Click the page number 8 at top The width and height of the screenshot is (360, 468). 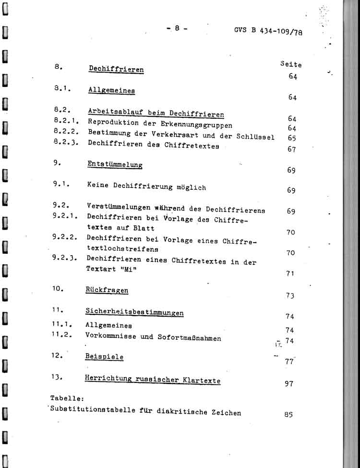(177, 28)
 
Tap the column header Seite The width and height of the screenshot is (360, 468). (291, 64)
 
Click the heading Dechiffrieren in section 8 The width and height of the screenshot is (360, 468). (116, 69)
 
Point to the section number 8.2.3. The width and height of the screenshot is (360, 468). (66, 142)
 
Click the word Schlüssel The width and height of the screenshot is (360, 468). (255, 137)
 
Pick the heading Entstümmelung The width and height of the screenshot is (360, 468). (115, 165)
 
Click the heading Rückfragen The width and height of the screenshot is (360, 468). (107, 291)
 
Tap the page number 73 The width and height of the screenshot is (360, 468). (290, 296)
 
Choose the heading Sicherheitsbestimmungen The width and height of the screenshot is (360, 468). (134, 313)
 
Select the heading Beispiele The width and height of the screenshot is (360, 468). (104, 357)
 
